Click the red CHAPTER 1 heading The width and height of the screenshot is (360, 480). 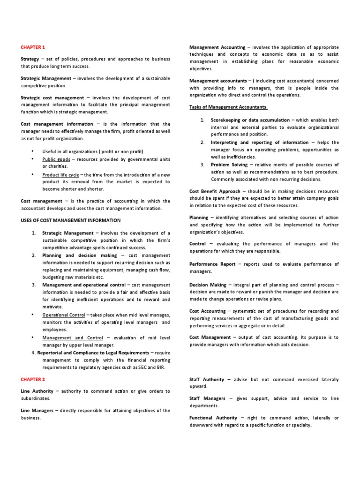33,47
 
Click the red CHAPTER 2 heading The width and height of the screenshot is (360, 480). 33,379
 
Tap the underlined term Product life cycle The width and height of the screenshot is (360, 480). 60,174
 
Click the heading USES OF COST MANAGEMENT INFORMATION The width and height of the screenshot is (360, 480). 71,220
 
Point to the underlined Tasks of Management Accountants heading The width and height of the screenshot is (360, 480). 228,107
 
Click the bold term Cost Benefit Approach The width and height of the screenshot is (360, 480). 215,191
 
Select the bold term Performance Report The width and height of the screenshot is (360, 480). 212,264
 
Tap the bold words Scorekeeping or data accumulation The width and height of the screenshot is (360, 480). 250,120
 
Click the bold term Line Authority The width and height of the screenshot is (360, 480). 37,391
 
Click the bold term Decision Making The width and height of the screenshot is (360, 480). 209,285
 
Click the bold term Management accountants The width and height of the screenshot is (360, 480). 218,81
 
